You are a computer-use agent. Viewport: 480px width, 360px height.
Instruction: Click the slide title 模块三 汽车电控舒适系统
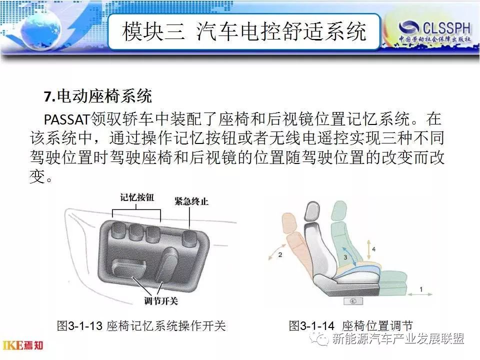tap(244, 31)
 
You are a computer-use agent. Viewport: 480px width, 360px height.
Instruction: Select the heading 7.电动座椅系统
tap(97, 96)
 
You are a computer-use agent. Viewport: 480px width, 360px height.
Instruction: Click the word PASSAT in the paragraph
tap(66, 119)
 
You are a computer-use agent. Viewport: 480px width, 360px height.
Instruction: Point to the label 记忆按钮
tap(137, 197)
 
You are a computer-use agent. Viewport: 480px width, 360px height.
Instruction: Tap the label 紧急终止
tap(191, 201)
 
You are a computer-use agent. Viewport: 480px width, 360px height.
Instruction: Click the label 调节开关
tap(161, 301)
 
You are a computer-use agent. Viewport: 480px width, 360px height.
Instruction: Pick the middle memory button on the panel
tap(135, 232)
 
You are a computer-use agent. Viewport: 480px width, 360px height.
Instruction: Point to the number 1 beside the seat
tap(421, 289)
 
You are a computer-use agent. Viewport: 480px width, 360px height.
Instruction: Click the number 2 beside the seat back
tap(280, 254)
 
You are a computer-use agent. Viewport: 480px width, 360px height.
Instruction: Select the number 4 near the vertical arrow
tap(374, 249)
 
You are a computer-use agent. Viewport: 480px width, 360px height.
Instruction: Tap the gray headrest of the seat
tap(312, 211)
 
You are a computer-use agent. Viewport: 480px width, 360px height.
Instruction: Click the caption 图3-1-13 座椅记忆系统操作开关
tap(141, 325)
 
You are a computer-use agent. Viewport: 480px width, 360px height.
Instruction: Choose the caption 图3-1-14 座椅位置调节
tap(351, 325)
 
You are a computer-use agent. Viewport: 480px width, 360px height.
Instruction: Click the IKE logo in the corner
tap(23, 345)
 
